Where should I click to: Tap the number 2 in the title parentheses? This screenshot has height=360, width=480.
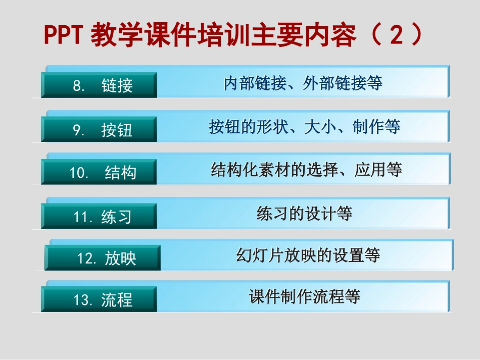tap(397, 35)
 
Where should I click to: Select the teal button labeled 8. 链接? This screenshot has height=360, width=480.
tap(99, 85)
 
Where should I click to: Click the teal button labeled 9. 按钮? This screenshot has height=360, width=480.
tap(99, 130)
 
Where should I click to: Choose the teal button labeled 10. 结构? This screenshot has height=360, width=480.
tap(99, 173)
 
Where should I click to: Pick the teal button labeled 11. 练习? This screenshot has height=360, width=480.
tap(99, 217)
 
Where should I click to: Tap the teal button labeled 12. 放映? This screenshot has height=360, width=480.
tap(103, 259)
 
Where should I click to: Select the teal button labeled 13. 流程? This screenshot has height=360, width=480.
tap(99, 300)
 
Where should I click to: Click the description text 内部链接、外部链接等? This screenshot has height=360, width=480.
tap(303, 83)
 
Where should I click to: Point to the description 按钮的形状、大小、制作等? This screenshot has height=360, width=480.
tap(305, 126)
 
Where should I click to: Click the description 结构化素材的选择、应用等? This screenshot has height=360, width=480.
tap(306, 170)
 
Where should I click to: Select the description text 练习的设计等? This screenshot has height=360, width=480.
tap(304, 214)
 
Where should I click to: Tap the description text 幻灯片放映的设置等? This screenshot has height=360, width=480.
tap(308, 255)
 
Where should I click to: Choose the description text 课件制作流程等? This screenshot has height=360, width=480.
tap(305, 296)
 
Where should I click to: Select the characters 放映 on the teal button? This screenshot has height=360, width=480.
tap(121, 259)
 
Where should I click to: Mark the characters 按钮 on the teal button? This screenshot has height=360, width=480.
tap(117, 130)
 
